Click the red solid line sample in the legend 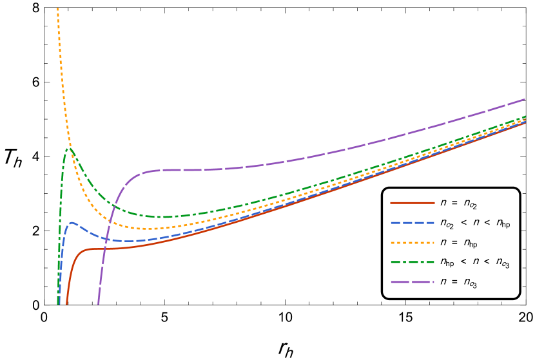[x=413, y=203]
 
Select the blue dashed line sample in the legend [x=413, y=223]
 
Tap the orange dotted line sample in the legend [x=413, y=243]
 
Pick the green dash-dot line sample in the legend [x=413, y=262]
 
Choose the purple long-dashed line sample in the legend [x=413, y=282]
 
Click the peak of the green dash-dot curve [x=68, y=149]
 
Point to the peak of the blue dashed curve [x=72, y=223]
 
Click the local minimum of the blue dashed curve [x=129, y=241]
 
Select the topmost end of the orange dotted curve [x=57, y=8]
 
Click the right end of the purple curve [x=525, y=99]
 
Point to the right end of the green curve [x=525, y=117]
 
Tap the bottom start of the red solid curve [x=66, y=304]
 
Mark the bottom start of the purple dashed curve [x=98, y=303]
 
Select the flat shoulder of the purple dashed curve [x=180, y=170]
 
